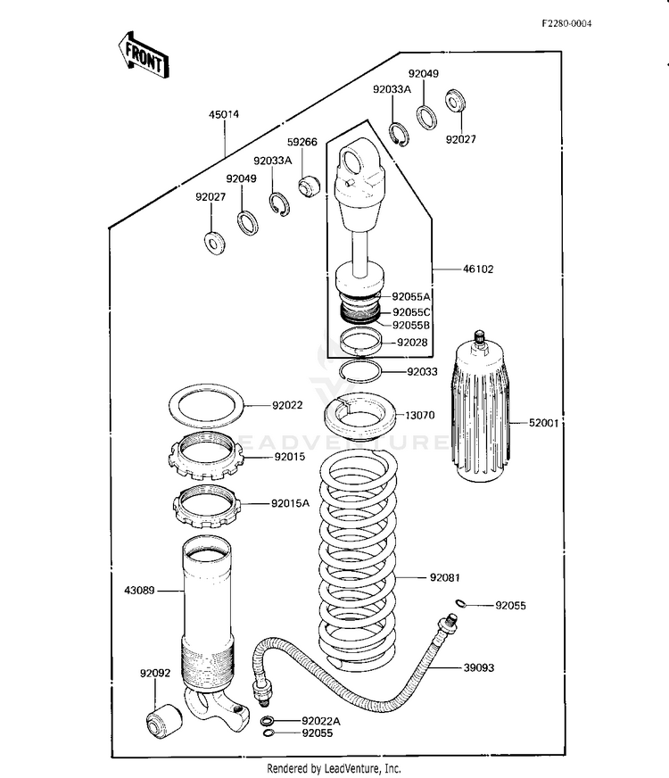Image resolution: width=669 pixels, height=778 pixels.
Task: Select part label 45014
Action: click(224, 114)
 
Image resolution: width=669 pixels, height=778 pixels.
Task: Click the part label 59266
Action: click(301, 142)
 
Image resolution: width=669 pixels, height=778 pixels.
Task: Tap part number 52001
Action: click(542, 424)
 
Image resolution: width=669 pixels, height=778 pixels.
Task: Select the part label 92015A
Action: click(290, 503)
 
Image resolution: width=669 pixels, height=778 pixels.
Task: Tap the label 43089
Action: click(142, 589)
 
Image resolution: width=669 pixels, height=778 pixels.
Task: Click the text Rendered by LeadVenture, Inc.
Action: click(334, 767)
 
